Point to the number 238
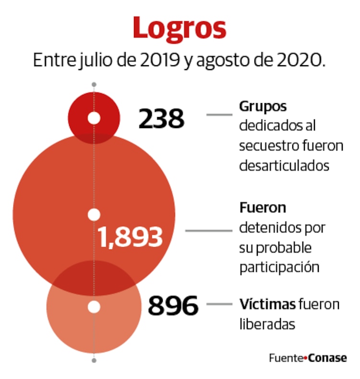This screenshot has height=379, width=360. coord(161,119)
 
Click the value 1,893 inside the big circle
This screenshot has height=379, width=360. coord(130,237)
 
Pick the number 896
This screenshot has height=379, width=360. coord(173,306)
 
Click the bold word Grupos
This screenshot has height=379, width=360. coord(263,107)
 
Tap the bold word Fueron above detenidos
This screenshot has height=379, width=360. coord(263,208)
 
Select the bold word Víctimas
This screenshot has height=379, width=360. coord(267,304)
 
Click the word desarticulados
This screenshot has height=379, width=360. coord(284,166)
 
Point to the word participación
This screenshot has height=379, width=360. coord(279,267)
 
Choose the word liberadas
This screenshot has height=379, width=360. coord(266,324)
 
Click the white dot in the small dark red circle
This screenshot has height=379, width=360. coord(94,118)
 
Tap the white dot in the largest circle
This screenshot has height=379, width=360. coord(94,214)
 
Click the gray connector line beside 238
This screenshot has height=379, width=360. coord(219,115)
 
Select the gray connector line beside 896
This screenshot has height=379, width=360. coord(219,304)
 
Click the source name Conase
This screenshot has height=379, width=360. coord(327,358)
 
